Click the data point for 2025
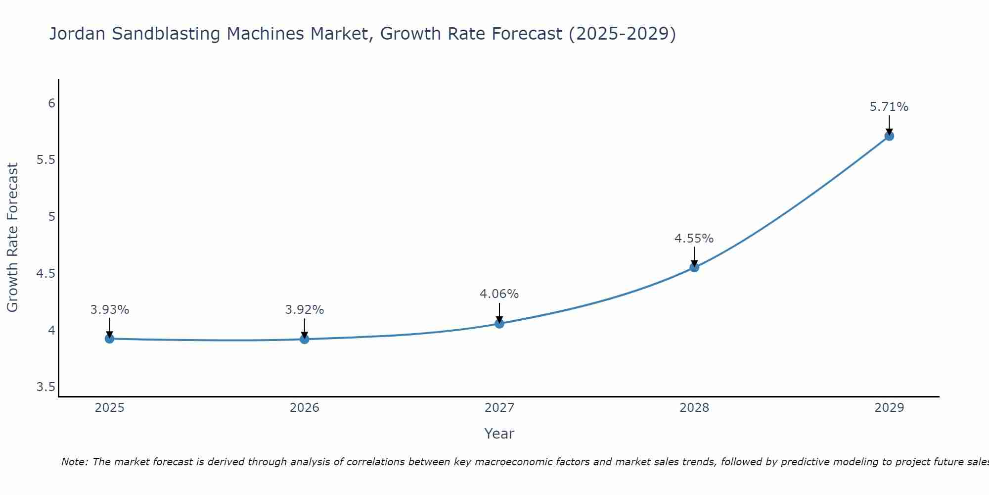click(109, 339)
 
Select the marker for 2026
click(305, 339)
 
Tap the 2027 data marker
click(499, 324)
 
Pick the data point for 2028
click(694, 268)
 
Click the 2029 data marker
click(889, 136)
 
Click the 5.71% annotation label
click(889, 107)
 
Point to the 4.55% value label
click(694, 239)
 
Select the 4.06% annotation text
click(499, 294)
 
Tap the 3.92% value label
click(305, 310)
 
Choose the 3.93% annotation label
click(109, 310)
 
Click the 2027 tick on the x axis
click(499, 408)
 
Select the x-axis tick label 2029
click(889, 408)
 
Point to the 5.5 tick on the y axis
click(45, 160)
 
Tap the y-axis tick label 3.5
click(45, 387)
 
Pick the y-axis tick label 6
click(51, 103)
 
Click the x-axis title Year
click(499, 434)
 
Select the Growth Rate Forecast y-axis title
click(13, 238)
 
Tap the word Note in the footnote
click(74, 462)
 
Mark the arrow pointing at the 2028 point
click(694, 256)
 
